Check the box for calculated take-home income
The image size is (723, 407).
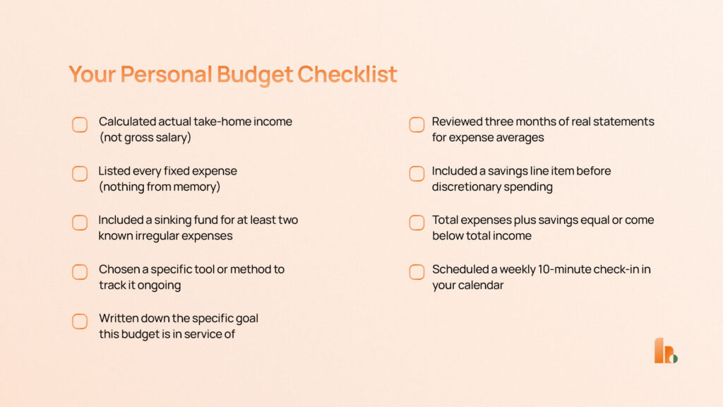point(80,125)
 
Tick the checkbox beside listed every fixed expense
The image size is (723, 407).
point(80,174)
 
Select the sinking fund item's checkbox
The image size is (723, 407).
point(80,223)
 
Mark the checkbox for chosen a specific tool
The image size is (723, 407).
point(80,272)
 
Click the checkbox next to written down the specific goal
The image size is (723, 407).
point(80,322)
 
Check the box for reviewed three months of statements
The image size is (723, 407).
point(417,125)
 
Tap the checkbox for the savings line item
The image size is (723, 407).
point(417,174)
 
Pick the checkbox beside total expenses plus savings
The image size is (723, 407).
point(417,223)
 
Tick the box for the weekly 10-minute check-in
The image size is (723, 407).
point(417,272)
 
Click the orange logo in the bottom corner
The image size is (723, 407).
point(665,351)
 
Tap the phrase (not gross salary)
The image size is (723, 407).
point(145,138)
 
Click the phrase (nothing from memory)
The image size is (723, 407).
point(160,187)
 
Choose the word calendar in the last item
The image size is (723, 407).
point(481,285)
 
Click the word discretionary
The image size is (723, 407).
point(465,187)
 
